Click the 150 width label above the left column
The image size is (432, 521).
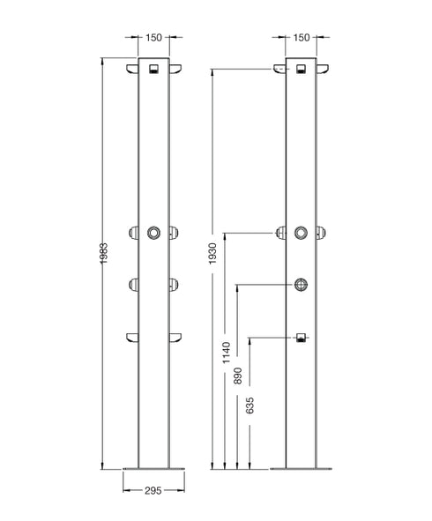153,38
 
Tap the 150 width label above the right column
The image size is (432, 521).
302,38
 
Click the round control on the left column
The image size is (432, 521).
153,233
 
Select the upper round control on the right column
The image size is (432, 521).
302,233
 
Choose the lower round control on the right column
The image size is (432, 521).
302,284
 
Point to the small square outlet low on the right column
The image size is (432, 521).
302,338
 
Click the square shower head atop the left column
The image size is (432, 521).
153,69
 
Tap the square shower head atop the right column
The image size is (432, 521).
302,69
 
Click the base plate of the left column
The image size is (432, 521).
153,468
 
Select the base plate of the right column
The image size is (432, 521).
302,468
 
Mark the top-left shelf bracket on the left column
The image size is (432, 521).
132,71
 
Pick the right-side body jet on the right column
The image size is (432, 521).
322,233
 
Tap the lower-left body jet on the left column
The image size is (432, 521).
134,284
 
